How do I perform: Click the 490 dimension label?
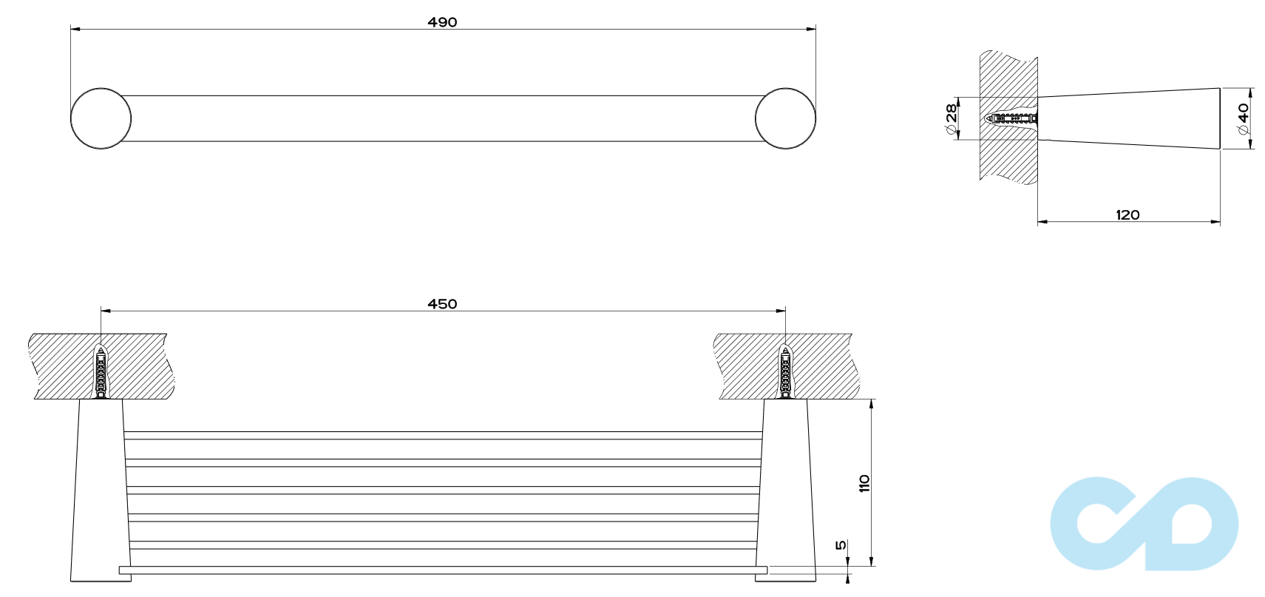click(442, 22)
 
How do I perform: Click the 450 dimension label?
click(442, 304)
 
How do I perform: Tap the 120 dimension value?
click(1127, 215)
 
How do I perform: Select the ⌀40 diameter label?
click(1244, 118)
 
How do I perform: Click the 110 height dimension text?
click(864, 484)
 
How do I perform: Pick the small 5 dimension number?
click(841, 545)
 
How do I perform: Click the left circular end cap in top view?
click(101, 118)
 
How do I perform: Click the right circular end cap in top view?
click(785, 118)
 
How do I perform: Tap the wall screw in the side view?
click(1012, 118)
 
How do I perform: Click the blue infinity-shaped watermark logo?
click(1143, 524)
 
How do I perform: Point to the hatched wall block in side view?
click(1008, 74)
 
